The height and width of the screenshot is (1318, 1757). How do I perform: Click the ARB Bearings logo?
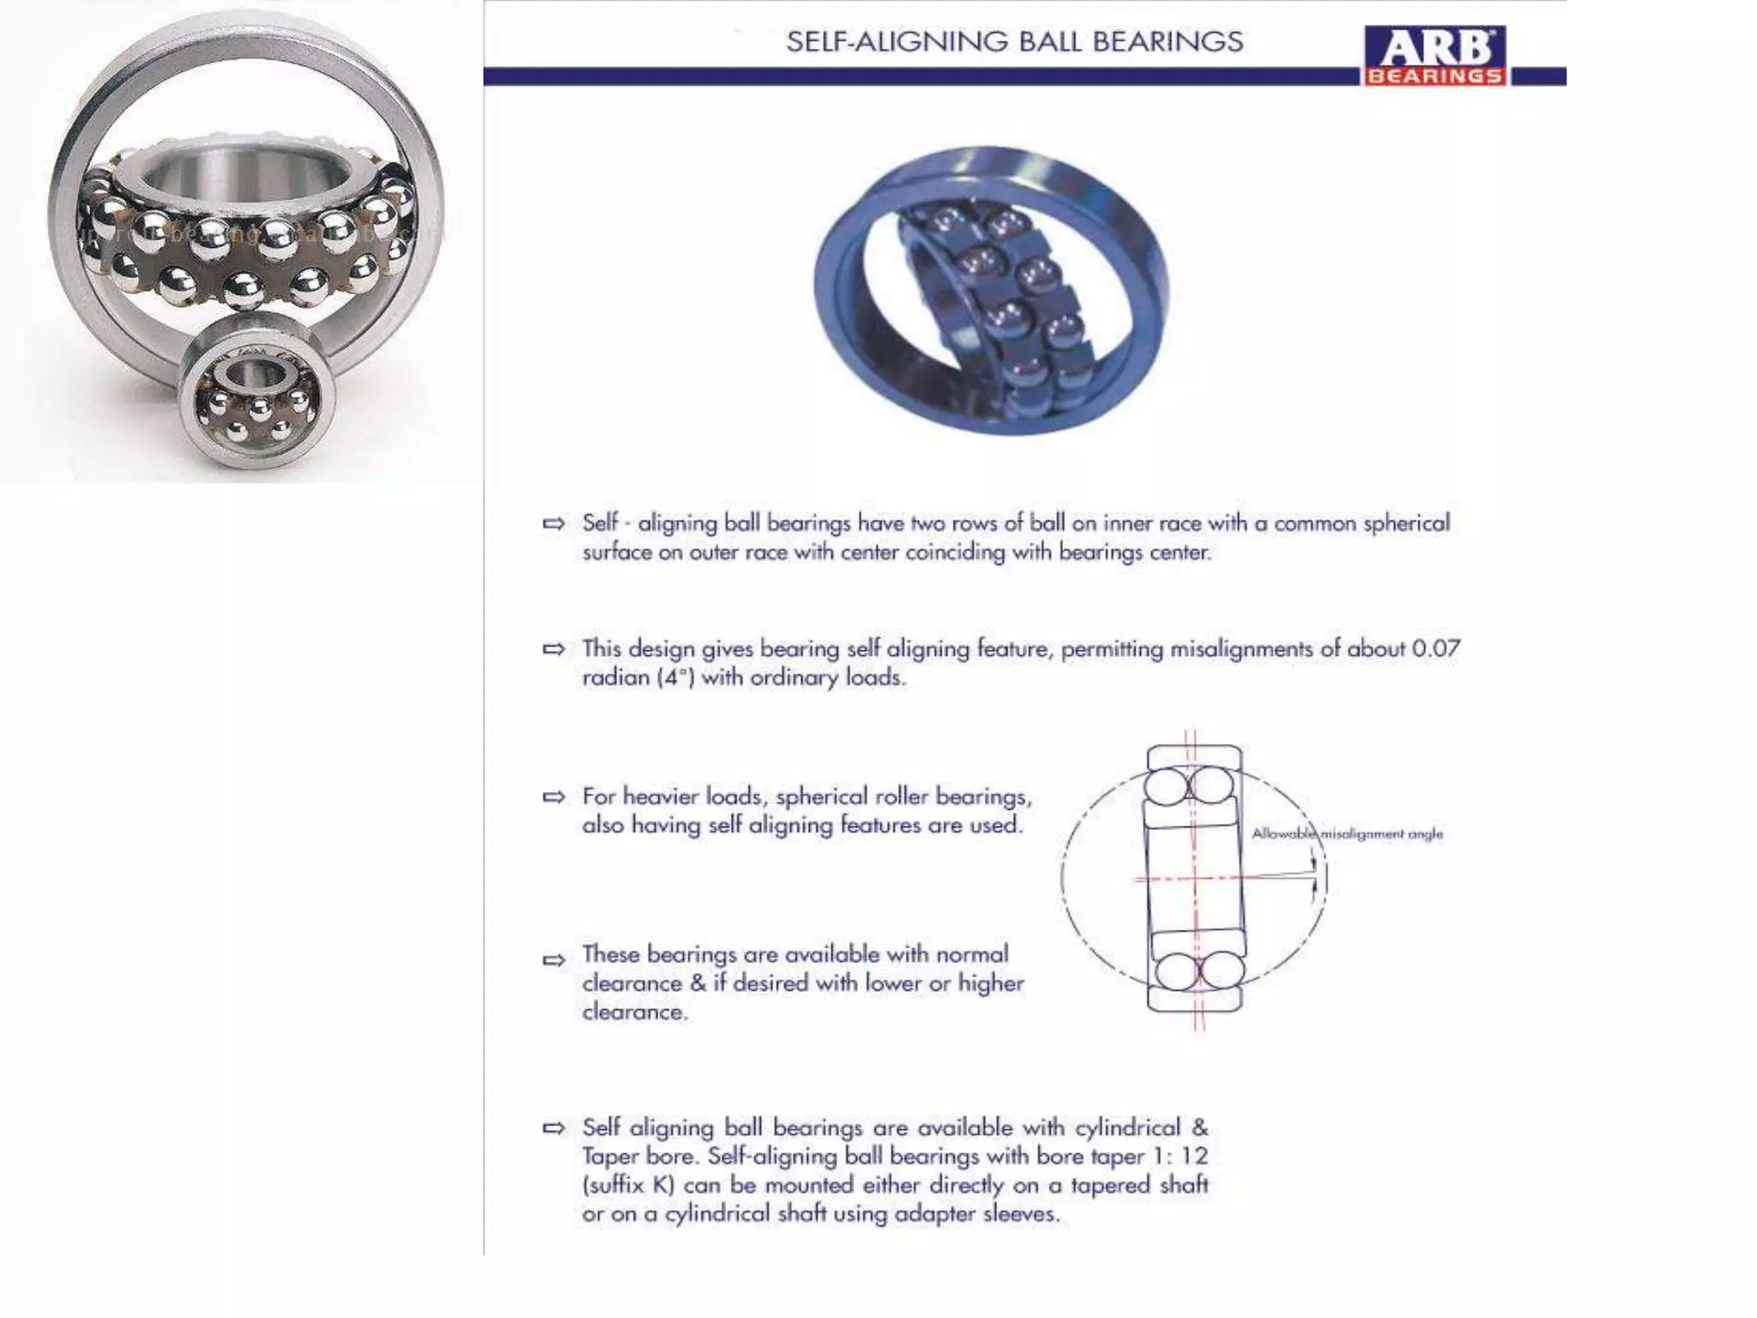[1435, 56]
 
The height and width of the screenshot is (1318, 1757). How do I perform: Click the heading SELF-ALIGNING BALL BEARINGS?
[1014, 42]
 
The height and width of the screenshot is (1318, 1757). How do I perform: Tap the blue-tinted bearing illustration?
[991, 290]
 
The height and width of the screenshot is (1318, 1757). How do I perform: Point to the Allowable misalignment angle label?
[1347, 834]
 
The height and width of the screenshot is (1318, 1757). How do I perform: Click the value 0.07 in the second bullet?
[1435, 649]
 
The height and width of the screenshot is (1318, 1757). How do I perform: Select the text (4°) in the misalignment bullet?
[674, 678]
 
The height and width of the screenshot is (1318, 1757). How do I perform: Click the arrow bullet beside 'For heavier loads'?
[554, 797]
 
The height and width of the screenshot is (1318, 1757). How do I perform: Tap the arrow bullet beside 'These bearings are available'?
[554, 959]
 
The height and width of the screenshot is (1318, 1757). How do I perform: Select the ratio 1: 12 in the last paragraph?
[1180, 1157]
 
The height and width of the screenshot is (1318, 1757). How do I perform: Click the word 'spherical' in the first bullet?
[1406, 523]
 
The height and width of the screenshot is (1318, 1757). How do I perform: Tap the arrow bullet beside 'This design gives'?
[554, 649]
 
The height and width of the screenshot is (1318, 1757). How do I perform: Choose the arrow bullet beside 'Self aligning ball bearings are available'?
[554, 1128]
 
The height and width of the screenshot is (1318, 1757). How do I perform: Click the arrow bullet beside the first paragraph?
[554, 523]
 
